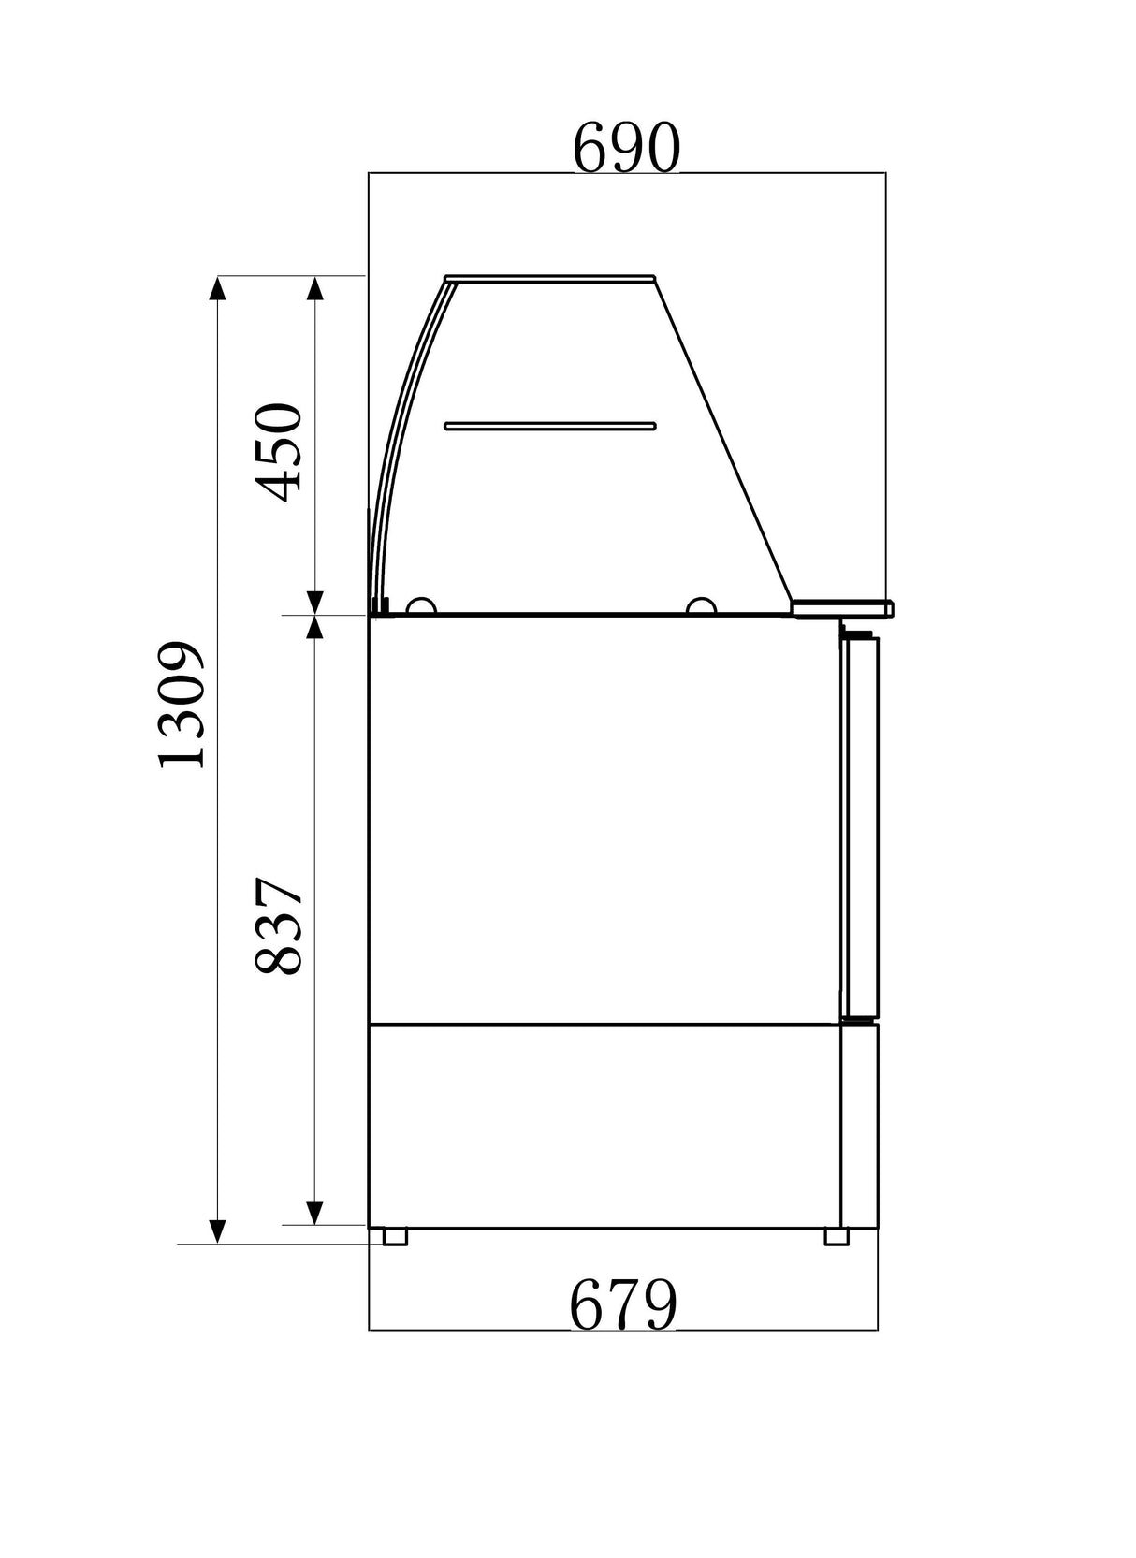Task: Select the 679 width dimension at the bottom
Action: point(623,1305)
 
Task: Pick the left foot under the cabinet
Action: point(395,1236)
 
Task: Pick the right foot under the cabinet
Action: point(836,1236)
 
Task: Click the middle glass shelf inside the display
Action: point(550,426)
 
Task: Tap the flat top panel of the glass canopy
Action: point(550,277)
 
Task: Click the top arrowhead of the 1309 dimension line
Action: point(217,287)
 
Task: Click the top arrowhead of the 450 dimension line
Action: point(315,287)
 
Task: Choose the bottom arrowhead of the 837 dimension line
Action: point(315,1214)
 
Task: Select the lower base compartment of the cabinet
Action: point(604,1125)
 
